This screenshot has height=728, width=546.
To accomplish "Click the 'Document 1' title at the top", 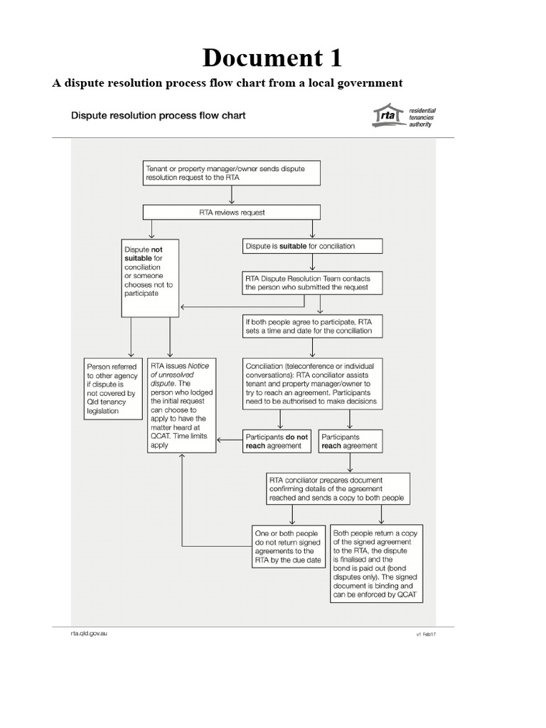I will pyautogui.click(x=272, y=56).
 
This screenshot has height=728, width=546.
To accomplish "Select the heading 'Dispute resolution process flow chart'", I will pyautogui.click(x=158, y=115).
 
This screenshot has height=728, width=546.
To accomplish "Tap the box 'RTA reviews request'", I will pyautogui.click(x=232, y=212).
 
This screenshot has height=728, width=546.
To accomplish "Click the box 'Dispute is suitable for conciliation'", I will pyautogui.click(x=312, y=246).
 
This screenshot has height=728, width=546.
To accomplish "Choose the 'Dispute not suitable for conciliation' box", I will pyautogui.click(x=151, y=277).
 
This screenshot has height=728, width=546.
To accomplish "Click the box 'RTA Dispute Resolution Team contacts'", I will pyautogui.click(x=312, y=282).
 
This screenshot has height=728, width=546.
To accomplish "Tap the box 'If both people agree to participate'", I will pyautogui.click(x=312, y=326).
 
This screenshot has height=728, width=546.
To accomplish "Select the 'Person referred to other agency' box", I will pyautogui.click(x=112, y=388).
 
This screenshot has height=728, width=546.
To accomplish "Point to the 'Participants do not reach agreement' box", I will pyautogui.click(x=277, y=441).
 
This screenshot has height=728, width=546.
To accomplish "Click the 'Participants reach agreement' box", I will pyautogui.click(x=349, y=441).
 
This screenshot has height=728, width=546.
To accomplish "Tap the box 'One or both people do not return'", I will pyautogui.click(x=289, y=546).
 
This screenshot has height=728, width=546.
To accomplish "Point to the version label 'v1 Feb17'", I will pyautogui.click(x=425, y=634).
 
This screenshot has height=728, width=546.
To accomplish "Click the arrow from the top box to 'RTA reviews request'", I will pyautogui.click(x=232, y=196).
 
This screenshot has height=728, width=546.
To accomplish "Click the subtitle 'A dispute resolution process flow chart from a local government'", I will pyautogui.click(x=227, y=83).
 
